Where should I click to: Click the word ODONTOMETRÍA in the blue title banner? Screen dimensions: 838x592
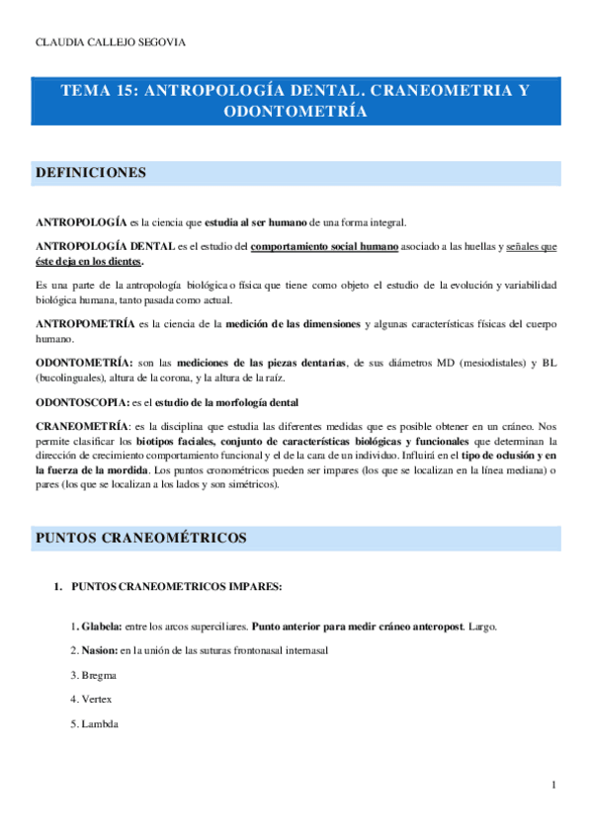[x=296, y=113]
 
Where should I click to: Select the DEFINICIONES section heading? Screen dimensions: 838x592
[x=91, y=173]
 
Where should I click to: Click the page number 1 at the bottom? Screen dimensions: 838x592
[x=554, y=785]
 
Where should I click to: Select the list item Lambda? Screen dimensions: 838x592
[x=99, y=724]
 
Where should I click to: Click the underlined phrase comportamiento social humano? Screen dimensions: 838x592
[x=325, y=246]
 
